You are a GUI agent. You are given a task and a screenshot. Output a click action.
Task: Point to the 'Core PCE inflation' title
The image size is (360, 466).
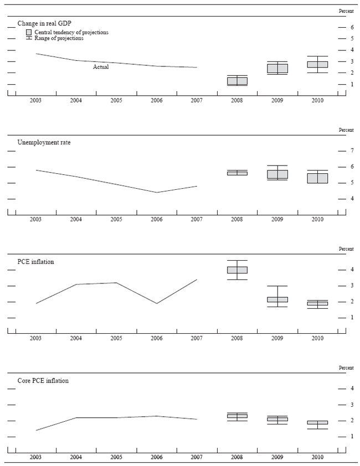(43, 381)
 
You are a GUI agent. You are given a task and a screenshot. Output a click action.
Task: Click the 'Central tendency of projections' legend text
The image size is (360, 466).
(71, 32)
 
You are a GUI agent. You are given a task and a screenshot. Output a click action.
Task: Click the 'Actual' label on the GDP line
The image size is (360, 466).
(101, 66)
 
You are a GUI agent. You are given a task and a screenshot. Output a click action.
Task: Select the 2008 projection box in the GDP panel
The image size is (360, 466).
(237, 81)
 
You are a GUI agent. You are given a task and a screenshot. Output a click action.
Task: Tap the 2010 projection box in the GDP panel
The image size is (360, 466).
(317, 64)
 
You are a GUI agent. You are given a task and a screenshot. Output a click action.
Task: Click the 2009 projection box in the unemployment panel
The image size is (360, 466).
(277, 174)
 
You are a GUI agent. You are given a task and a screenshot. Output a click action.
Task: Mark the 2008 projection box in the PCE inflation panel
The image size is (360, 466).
(237, 270)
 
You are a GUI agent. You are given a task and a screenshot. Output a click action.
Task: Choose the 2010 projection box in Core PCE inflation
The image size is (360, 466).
(317, 422)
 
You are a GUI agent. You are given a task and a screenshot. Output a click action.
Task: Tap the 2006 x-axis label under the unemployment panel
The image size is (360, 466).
(156, 220)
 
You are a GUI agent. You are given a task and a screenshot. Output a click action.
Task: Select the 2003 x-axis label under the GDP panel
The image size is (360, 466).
(36, 100)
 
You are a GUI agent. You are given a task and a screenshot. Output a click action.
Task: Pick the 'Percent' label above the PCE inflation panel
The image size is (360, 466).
(346, 249)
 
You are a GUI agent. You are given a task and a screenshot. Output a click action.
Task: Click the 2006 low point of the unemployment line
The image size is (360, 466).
(157, 193)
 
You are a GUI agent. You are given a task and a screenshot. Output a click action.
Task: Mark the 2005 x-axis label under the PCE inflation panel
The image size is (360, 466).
(116, 339)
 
